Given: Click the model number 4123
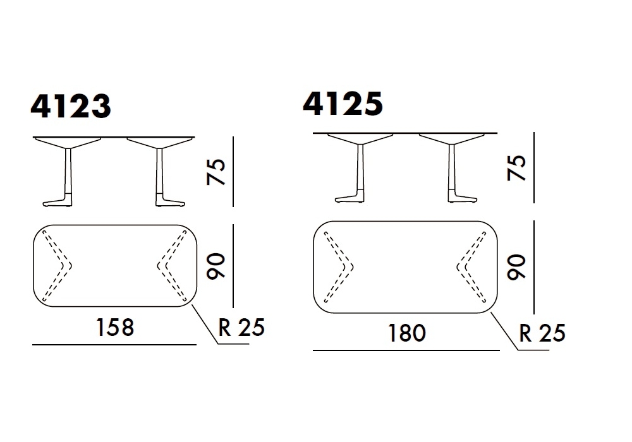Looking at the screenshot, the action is (71, 106).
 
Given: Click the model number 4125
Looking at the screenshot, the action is (343, 104).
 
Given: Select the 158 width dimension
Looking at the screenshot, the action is (115, 327).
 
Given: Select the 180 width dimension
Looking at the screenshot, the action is (406, 333).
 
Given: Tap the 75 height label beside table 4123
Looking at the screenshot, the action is (216, 172).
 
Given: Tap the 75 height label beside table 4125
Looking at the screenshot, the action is (517, 167).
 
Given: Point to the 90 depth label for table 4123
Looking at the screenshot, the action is (216, 266).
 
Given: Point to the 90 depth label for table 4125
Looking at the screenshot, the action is (517, 267).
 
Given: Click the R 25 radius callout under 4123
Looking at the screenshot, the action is (241, 327).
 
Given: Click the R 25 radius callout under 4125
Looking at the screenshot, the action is (542, 333).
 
